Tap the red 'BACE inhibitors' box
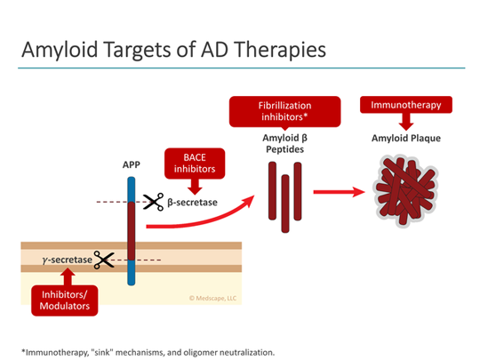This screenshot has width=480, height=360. click(193, 164)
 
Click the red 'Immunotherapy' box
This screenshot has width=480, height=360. click(405, 105)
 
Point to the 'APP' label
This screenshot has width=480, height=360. click(131, 164)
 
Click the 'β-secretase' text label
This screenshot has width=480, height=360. click(193, 203)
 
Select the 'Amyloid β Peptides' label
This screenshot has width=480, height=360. click(285, 144)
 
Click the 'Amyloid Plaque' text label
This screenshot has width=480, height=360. click(406, 138)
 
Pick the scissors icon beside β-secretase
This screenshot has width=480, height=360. click(153, 203)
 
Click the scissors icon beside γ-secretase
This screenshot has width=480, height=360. click(104, 260)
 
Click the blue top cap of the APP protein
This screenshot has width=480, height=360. click(132, 188)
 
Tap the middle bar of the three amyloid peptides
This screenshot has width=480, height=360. click(285, 197)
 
